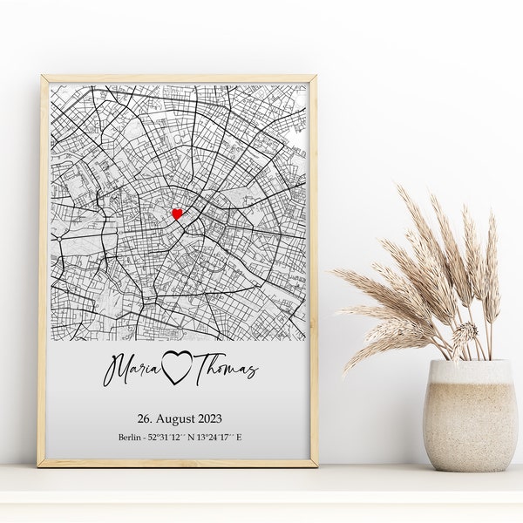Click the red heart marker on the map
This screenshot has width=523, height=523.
point(178,213)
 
